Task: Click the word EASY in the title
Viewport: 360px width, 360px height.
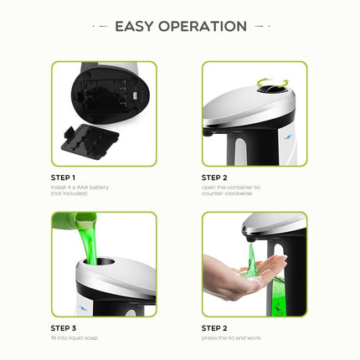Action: tap(136, 26)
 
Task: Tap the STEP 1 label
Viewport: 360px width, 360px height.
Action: tap(63, 177)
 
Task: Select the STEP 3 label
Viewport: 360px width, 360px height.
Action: tap(63, 327)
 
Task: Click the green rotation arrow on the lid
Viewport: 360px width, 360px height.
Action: tap(273, 84)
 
